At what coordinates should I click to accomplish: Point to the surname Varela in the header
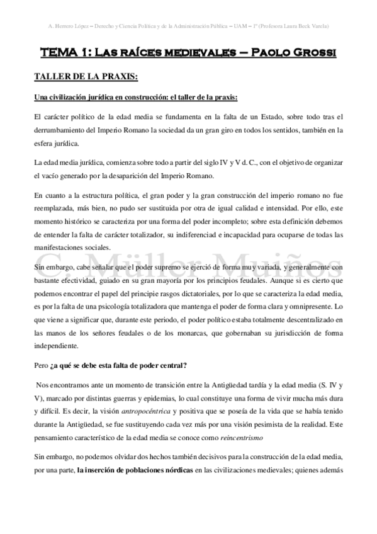318,26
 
